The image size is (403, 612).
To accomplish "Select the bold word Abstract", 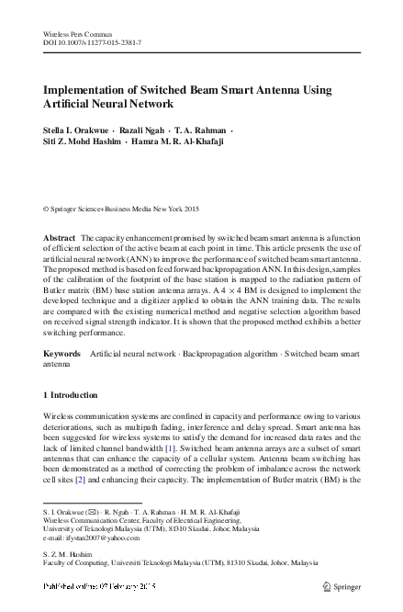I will [x=60, y=237].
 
